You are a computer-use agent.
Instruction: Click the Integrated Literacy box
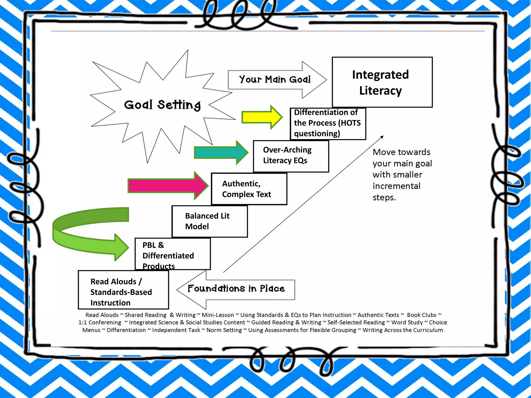pyautogui.click(x=382, y=82)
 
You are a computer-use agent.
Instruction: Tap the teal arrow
pyautogui.click(x=220, y=153)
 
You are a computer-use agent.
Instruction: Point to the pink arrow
pyautogui.click(x=167, y=186)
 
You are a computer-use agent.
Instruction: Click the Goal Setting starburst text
pyautogui.click(x=162, y=105)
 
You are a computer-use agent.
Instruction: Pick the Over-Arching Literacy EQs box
pyautogui.click(x=291, y=156)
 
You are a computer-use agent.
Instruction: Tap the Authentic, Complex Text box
pyautogui.click(x=249, y=189)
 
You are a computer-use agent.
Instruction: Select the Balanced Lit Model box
pyautogui.click(x=209, y=221)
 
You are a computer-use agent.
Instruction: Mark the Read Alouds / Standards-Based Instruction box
pyautogui.click(x=123, y=290)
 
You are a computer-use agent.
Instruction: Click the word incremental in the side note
pyautogui.click(x=396, y=186)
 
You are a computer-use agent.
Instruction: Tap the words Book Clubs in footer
pyautogui.click(x=422, y=315)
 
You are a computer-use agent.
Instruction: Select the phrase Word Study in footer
pyautogui.click(x=407, y=323)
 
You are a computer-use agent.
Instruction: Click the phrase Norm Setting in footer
pyautogui.click(x=224, y=330)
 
